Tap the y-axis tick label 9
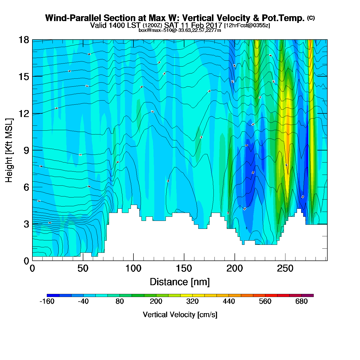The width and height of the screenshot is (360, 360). [26, 150]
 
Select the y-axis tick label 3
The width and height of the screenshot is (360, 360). [26, 224]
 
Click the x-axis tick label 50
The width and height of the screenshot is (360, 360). [83, 269]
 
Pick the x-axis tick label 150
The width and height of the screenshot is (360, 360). [184, 269]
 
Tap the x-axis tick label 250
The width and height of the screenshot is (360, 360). [285, 269]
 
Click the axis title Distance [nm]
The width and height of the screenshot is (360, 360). [180, 282]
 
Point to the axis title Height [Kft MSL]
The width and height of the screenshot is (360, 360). [9, 150]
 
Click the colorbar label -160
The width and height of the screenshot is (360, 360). [47, 301]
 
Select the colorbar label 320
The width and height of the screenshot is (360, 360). [192, 301]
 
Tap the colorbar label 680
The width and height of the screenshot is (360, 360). [301, 301]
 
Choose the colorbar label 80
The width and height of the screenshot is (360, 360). [120, 301]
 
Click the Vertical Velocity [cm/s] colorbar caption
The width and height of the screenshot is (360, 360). [180, 315]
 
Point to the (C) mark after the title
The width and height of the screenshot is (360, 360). [311, 18]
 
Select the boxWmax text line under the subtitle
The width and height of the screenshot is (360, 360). [180, 30]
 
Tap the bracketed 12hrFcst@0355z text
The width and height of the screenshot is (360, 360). [247, 25]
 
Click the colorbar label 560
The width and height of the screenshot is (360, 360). [265, 301]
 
